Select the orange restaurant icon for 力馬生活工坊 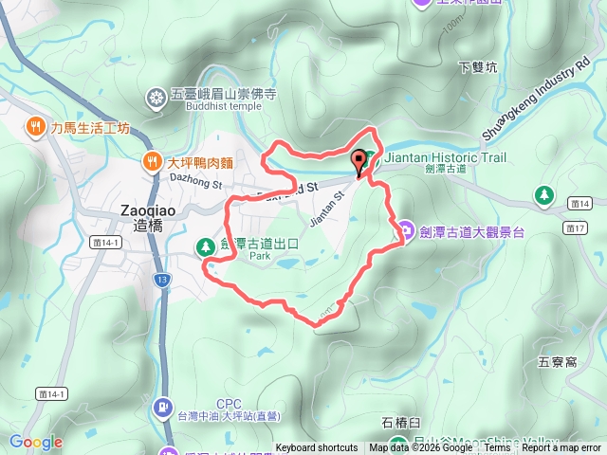[35, 126]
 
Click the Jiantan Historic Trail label [446, 157]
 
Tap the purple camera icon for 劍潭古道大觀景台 [405, 228]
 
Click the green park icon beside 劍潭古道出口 [205, 247]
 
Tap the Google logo [36, 442]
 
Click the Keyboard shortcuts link [317, 448]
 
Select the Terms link [497, 448]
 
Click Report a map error [561, 448]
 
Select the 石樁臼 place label [400, 423]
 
